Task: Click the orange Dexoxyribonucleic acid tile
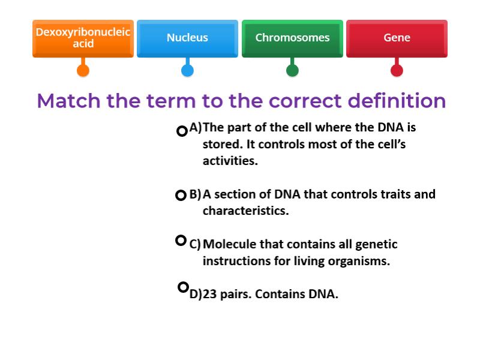pos(83,38)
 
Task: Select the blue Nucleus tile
pos(187,38)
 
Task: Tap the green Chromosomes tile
pos(292,38)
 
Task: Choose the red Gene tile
pos(397,38)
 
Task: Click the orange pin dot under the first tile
pos(83,70)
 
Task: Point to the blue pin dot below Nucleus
pos(187,70)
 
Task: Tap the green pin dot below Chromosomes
pos(292,70)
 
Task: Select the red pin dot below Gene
pos(397,70)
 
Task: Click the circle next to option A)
pos(182,131)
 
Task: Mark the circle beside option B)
pos(181,195)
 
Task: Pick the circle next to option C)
pos(181,241)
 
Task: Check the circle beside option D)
pos(184,287)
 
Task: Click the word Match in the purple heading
pos(69,101)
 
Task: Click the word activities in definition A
pos(230,161)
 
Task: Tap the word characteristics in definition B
pos(245,211)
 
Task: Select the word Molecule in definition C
pos(229,244)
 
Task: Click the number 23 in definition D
pos(210,295)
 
